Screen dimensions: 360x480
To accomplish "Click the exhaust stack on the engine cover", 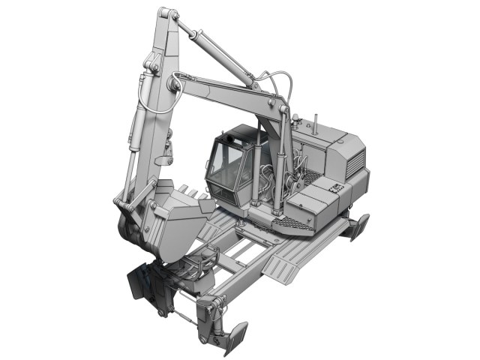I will tap(315, 124).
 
